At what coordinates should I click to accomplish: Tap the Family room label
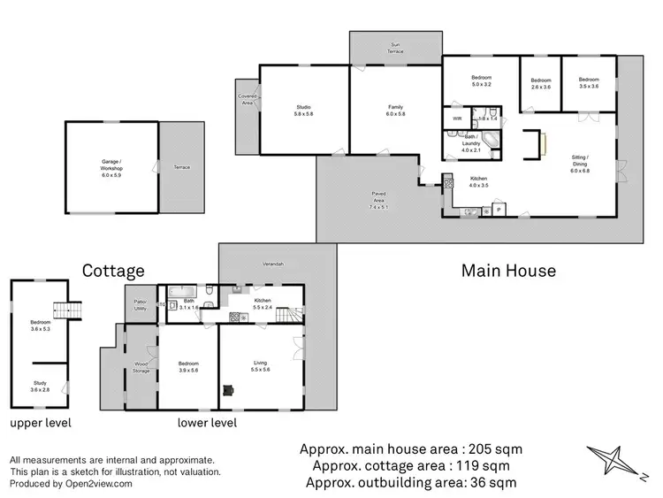click(395, 111)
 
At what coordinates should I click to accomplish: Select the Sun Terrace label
click(395, 49)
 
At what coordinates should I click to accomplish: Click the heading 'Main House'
click(508, 270)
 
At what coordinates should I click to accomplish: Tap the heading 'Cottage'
click(113, 270)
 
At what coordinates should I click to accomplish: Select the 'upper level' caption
click(41, 423)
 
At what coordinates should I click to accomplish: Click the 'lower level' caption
click(207, 423)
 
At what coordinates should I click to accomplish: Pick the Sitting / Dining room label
click(580, 161)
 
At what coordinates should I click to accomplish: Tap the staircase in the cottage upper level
click(61, 311)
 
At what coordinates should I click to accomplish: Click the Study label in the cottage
click(41, 387)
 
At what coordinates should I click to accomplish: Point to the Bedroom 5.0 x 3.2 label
click(481, 82)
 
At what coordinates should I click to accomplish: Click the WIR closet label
click(457, 118)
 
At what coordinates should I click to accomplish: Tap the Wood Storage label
click(141, 366)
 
